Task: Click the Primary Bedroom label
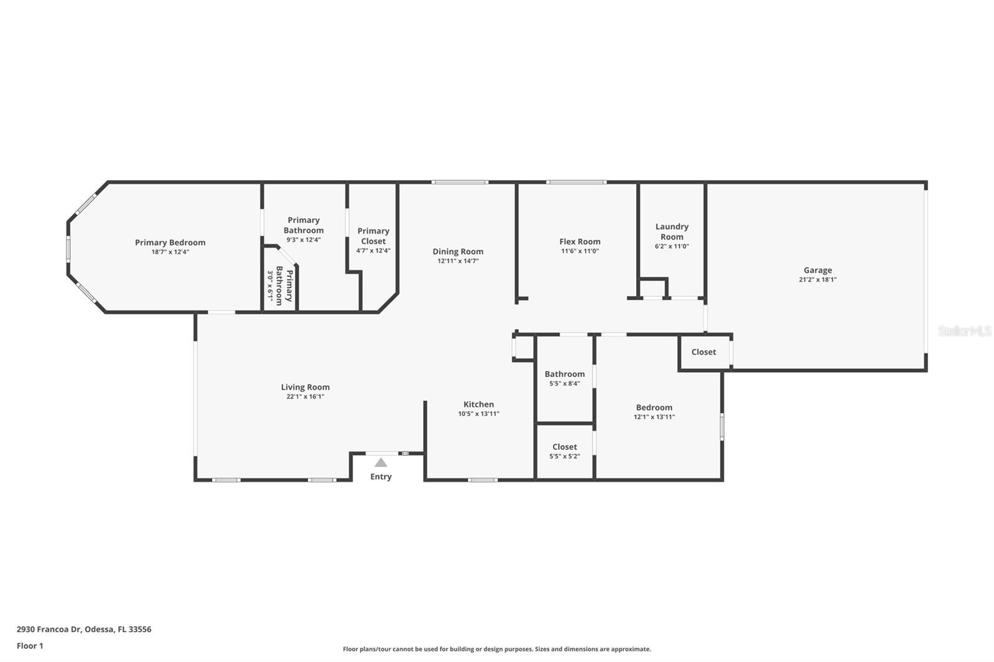coord(170,243)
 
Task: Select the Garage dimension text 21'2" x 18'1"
coord(818,279)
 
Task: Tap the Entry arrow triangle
coord(381,463)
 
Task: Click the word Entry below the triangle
coord(381,477)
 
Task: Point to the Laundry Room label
coord(672,232)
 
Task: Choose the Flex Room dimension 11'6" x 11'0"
coord(580,252)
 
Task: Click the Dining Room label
coord(458,252)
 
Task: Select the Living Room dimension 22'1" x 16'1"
coord(305,397)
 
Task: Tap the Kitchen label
coord(478,404)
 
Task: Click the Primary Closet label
coord(373,236)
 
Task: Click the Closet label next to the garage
coord(704,352)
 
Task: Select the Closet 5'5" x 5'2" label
coord(565,451)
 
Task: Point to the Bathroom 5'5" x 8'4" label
coord(565,378)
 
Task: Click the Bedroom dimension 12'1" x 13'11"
coord(654,417)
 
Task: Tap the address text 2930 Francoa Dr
coord(84,629)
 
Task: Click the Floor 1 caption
coord(30,646)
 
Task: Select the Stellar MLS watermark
coord(964,331)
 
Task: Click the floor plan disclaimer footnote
coord(497,649)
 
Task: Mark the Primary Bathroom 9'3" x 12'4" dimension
coord(303,240)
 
